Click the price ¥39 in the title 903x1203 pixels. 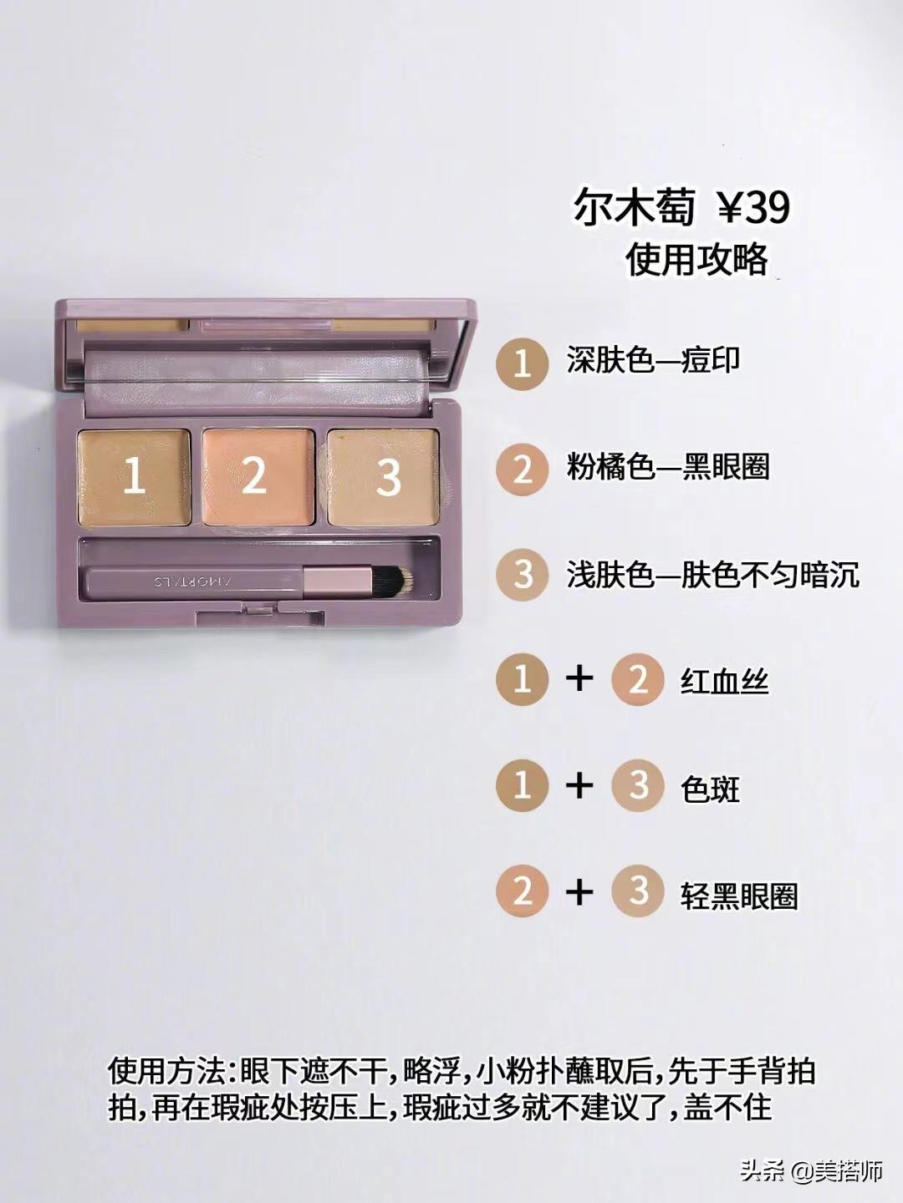coord(755,208)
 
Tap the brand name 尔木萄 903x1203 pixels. coord(634,208)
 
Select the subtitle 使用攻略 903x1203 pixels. coord(696,259)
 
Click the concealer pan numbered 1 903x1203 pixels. coord(135,477)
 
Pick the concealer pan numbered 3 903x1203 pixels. coord(384,477)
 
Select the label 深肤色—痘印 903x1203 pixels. coord(653,361)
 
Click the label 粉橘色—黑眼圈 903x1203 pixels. coord(668,468)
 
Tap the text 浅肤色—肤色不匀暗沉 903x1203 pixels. coord(712,576)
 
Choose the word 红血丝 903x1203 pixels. coord(724,683)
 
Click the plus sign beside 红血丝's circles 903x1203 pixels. coord(579,679)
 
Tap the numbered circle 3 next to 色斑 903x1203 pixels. coord(638,785)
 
